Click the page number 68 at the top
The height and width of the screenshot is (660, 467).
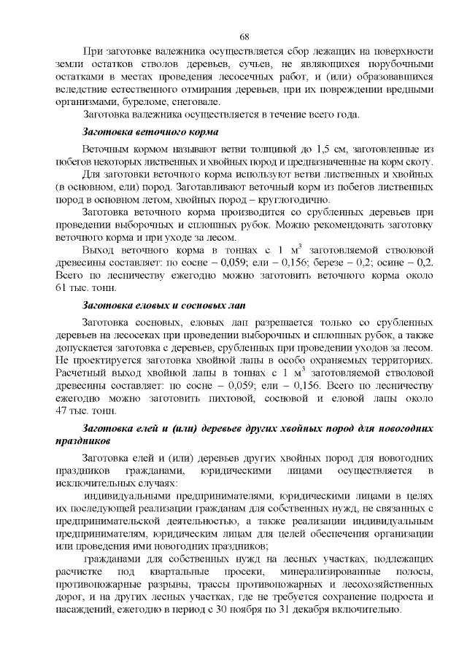coord(244,36)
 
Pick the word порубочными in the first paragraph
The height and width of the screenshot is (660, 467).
coord(399,63)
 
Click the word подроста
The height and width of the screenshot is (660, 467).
coord(366,597)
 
